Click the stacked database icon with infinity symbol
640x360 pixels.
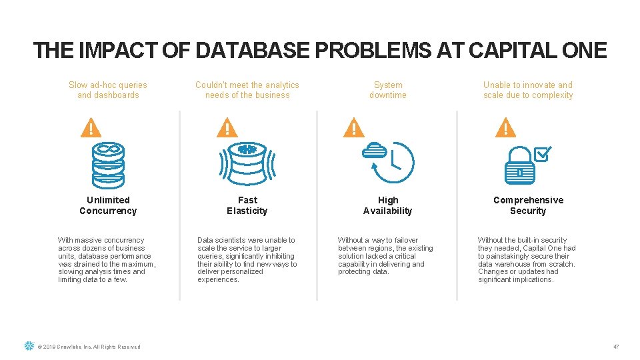tap(108, 164)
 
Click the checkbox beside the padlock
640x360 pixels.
tap(542, 154)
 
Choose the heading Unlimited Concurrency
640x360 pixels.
tap(108, 205)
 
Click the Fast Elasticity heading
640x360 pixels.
tap(247, 205)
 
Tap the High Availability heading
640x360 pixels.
tap(388, 205)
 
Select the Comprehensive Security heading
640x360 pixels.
tap(528, 205)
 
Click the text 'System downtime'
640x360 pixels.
tap(388, 90)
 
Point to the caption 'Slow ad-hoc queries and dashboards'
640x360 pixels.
tap(108, 90)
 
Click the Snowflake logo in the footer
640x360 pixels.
tap(29, 346)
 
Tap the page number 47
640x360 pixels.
tap(616, 347)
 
